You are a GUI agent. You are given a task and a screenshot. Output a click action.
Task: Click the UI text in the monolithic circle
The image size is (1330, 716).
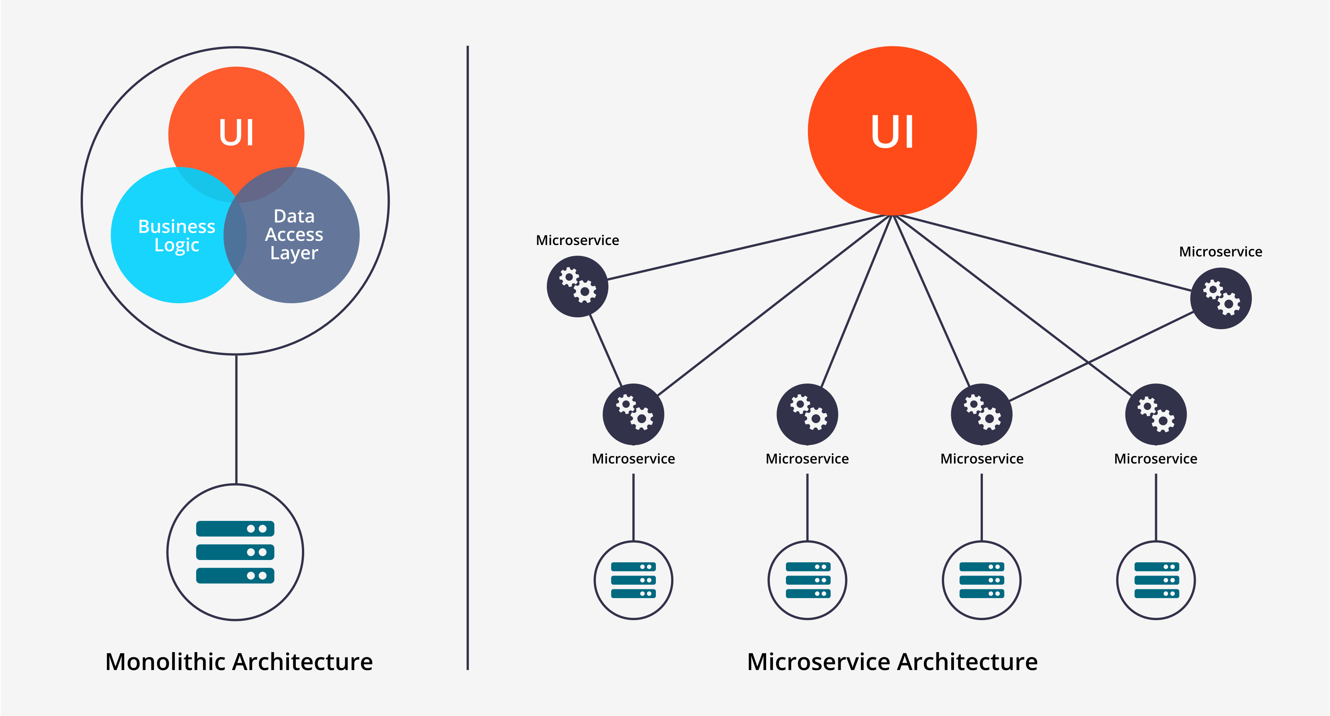(x=236, y=133)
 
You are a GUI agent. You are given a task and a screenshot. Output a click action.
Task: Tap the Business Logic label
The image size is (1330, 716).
(x=176, y=235)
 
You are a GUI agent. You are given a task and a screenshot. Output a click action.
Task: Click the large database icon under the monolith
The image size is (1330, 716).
(x=235, y=552)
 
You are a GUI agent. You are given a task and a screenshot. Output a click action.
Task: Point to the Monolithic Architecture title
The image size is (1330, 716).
(x=238, y=662)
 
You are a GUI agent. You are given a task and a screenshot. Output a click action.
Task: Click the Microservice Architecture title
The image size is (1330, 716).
(x=892, y=662)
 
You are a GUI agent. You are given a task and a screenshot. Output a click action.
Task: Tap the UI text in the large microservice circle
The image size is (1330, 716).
(x=892, y=131)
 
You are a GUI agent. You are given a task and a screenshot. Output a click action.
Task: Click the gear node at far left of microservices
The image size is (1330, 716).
(x=577, y=286)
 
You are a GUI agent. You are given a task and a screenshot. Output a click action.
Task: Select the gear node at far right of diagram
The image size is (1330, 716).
(x=1220, y=298)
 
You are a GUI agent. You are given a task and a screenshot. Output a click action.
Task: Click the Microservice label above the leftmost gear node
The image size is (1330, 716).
(x=577, y=240)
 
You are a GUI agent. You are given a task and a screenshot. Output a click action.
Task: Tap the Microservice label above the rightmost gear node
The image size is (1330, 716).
(x=1220, y=251)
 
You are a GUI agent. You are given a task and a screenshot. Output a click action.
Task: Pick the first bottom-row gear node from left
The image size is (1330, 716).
(x=633, y=414)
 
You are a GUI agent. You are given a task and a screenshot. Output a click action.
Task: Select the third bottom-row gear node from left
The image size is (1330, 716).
(x=981, y=414)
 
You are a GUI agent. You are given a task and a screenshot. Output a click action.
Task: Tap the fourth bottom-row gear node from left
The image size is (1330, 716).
(x=1156, y=414)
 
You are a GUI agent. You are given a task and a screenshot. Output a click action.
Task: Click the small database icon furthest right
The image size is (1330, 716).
(x=1156, y=580)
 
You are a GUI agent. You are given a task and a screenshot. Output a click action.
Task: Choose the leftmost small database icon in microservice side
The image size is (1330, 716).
(x=633, y=580)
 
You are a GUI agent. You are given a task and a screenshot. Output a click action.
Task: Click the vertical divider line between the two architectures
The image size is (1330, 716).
(x=468, y=362)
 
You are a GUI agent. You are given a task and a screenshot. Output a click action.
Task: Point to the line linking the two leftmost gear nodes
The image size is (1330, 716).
(x=606, y=351)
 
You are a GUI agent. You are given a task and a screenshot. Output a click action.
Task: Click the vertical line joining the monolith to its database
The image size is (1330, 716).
(x=236, y=418)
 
